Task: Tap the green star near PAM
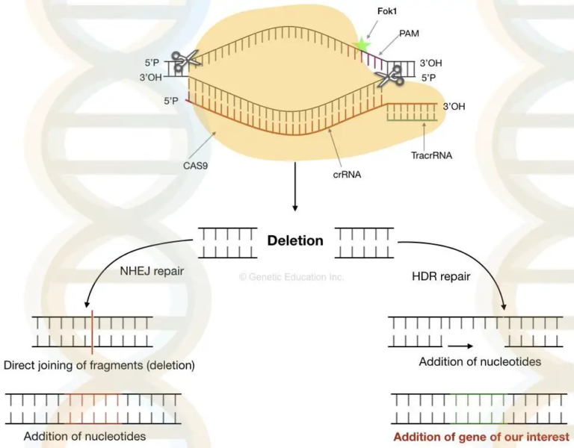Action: [x=363, y=44]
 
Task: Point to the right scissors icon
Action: [x=389, y=73]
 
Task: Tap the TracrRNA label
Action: [x=431, y=156]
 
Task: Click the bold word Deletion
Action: [x=295, y=240]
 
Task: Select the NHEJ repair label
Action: [x=152, y=272]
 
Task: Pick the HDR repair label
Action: [x=441, y=276]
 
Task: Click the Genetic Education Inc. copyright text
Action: [x=291, y=276]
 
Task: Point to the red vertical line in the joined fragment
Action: [x=92, y=332]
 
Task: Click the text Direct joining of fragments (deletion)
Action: [x=99, y=366]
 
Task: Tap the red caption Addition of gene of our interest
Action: [x=481, y=437]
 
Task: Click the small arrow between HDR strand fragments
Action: [x=460, y=346]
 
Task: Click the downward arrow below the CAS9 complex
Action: [x=295, y=197]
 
